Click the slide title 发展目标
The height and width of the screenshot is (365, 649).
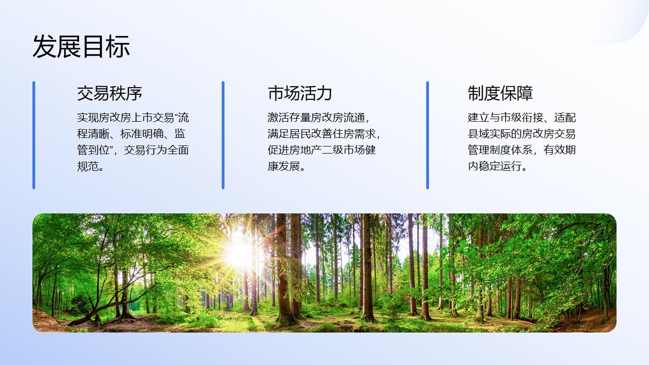[x=81, y=46]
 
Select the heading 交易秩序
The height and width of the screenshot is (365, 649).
[x=110, y=93]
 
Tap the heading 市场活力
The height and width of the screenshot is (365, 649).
[x=300, y=93]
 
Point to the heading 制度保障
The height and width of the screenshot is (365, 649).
[x=500, y=93]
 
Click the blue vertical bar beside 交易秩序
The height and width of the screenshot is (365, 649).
[x=34, y=135]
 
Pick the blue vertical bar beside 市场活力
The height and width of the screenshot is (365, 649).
[x=223, y=135]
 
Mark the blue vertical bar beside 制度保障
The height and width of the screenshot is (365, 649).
[x=427, y=135]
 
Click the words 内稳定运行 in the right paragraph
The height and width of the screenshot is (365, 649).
[x=495, y=166]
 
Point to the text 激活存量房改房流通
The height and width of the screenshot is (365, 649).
[x=316, y=118]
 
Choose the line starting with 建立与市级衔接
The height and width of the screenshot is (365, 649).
[x=522, y=118]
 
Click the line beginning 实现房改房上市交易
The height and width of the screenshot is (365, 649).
[x=133, y=118]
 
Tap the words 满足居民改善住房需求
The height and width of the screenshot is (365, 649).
[x=321, y=134]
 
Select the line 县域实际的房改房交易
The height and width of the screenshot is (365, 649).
[x=522, y=134]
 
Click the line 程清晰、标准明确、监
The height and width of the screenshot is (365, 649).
[x=131, y=134]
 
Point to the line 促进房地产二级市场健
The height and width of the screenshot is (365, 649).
[x=321, y=150]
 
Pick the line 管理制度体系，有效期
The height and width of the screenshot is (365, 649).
[x=522, y=150]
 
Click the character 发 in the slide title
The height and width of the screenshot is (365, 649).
[x=44, y=46]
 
